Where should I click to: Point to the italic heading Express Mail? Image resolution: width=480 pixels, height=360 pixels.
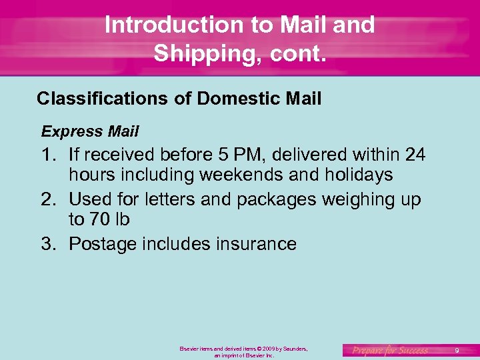pos(90,131)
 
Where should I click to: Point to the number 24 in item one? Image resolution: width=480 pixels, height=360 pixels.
pos(415,155)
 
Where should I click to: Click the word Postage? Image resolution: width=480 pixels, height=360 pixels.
pos(103,244)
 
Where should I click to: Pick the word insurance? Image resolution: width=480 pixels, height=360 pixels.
pos(257,244)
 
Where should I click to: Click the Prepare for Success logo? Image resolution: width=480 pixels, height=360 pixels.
pos(390,350)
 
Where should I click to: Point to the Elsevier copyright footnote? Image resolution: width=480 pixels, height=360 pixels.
pos(243,352)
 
